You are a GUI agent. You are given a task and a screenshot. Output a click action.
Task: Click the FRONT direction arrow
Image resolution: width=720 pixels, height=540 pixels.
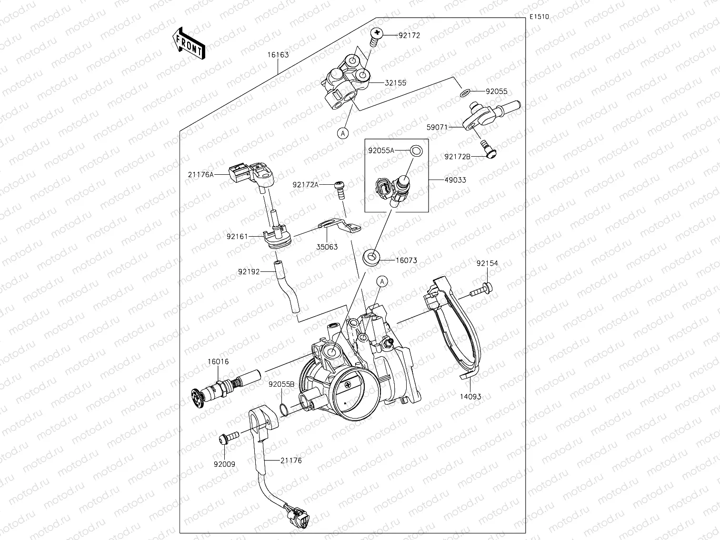point(189,43)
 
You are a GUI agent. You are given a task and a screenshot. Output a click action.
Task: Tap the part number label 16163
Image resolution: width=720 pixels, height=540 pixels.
point(278,55)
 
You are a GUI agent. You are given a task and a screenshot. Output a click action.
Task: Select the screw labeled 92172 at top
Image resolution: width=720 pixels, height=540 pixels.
point(376,36)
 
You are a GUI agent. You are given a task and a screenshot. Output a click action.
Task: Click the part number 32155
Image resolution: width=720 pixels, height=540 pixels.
point(395,83)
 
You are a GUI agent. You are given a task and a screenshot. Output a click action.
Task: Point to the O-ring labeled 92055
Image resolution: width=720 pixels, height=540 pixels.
point(466,91)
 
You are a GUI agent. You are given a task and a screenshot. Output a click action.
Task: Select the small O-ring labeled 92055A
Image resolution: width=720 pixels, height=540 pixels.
point(416,151)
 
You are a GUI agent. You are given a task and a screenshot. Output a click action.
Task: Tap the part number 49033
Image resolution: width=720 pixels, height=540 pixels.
point(455,180)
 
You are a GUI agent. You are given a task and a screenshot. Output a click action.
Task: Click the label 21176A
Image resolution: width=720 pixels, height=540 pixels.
point(200,174)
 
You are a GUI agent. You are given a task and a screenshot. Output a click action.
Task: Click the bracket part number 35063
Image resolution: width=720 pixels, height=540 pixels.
point(327,247)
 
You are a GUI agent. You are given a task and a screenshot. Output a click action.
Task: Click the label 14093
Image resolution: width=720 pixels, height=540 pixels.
point(470,396)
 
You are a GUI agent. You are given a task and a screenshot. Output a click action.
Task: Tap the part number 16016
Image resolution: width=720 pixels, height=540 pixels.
point(218,361)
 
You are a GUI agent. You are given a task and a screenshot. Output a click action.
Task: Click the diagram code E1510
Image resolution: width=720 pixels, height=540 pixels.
point(539,17)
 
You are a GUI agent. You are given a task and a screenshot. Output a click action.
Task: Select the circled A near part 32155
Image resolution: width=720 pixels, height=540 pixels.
point(343,133)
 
